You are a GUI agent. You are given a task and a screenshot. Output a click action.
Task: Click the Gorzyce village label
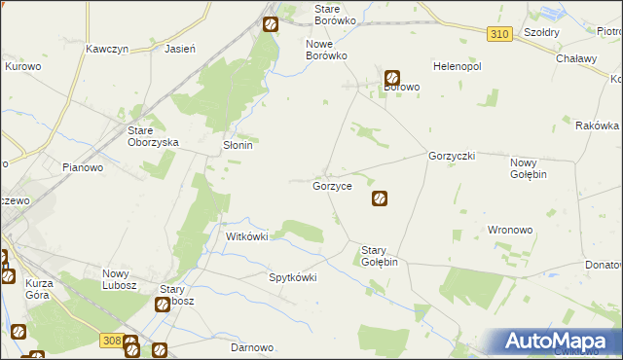point(332,185)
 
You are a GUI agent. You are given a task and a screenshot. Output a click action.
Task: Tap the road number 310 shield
point(499,34)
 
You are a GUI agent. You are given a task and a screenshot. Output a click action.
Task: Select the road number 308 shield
point(110,340)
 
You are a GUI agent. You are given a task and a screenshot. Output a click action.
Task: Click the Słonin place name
point(233,146)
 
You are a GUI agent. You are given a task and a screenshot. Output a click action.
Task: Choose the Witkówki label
point(246,236)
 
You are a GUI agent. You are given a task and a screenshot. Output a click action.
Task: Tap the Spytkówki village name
point(293,276)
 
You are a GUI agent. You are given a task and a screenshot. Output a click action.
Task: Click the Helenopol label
point(458,67)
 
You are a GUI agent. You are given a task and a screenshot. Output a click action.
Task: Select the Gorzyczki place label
point(451,156)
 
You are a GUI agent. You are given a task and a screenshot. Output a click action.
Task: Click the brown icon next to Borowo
point(392,78)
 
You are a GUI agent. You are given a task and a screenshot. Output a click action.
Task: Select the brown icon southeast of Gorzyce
point(380,199)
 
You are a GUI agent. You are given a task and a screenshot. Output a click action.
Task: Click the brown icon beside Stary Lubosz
point(163,306)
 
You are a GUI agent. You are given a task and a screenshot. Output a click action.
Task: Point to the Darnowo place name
point(250,347)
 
